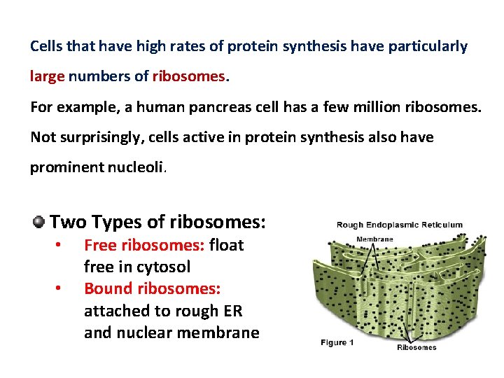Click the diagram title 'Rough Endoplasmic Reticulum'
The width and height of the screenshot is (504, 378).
click(x=399, y=225)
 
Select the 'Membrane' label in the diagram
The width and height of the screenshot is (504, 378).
click(x=375, y=239)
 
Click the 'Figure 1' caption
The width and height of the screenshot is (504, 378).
click(x=338, y=343)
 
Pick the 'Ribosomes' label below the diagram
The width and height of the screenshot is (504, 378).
click(x=416, y=347)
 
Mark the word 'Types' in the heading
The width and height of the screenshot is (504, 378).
click(x=116, y=223)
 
